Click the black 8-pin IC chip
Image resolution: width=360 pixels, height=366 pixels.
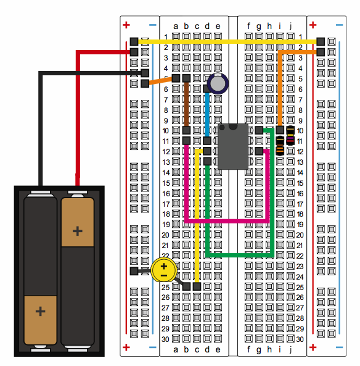[232, 146]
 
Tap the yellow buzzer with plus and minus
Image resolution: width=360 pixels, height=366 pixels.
[164, 270]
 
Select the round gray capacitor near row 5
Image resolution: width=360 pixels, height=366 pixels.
[218, 83]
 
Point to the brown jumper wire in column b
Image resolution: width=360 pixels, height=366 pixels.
[186, 104]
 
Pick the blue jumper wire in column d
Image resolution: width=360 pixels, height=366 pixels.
[207, 115]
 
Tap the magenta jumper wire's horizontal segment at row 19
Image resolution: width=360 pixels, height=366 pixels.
[227, 221]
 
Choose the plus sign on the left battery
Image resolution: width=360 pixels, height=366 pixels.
[40, 311]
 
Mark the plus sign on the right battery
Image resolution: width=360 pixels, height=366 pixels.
[78, 231]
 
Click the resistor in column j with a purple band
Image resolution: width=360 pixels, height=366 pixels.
[290, 135]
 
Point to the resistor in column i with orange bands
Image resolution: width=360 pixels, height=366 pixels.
[280, 146]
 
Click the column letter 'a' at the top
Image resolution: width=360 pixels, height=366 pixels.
[176, 27]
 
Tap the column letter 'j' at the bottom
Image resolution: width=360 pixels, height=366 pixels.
[290, 349]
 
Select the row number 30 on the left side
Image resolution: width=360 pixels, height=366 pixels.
[165, 339]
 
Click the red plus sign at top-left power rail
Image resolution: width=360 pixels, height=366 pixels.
[126, 25]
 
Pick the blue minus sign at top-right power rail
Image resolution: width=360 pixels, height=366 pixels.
[340, 25]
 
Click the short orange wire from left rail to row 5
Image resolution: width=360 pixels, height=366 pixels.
[160, 80]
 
